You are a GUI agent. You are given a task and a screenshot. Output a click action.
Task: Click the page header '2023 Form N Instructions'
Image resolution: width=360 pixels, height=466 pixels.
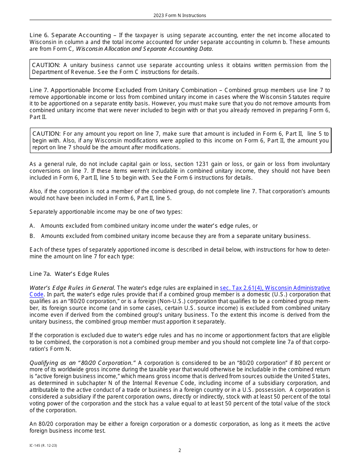point(180,16)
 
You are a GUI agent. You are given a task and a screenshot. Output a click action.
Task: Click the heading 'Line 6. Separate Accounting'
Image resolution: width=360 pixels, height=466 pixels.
point(70,35)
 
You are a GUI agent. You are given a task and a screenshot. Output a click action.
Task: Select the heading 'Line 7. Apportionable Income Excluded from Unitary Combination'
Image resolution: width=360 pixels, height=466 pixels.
point(123,90)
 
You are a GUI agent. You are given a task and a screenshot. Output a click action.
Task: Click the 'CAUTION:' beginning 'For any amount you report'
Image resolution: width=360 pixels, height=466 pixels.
point(47,134)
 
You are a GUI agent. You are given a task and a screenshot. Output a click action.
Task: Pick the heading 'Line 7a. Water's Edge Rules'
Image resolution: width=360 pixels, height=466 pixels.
point(69,274)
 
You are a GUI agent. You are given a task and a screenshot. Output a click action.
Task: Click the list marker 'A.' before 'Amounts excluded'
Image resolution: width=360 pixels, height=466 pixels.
point(32,226)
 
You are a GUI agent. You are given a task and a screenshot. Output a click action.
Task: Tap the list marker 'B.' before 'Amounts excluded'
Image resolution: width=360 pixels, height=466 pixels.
point(32,236)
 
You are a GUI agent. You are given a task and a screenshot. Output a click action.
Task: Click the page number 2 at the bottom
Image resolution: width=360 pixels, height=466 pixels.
point(180,450)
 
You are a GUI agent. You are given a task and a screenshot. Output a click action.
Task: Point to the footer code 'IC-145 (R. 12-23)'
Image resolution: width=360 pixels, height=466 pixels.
point(43,446)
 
